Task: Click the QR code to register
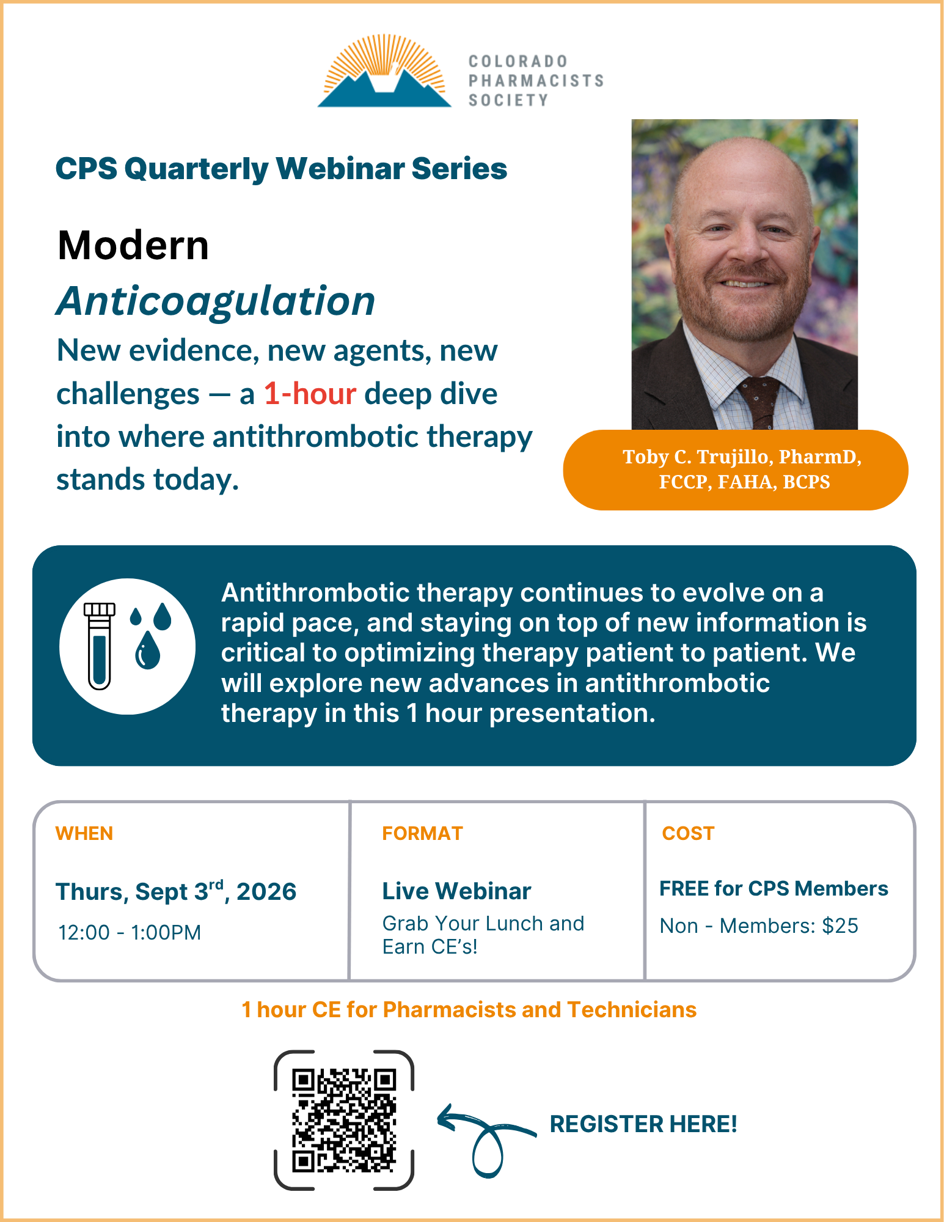(344, 1120)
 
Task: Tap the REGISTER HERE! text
(643, 1124)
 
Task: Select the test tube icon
(99, 646)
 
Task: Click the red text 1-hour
(310, 394)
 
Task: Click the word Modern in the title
(133, 245)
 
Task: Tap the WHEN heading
(84, 833)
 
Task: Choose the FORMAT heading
(422, 833)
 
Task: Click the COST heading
(688, 833)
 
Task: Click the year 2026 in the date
(266, 892)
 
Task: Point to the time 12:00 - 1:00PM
(130, 932)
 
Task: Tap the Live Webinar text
(456, 891)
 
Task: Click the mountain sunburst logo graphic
(384, 71)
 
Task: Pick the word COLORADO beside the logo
(518, 61)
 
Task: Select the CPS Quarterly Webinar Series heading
(281, 169)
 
